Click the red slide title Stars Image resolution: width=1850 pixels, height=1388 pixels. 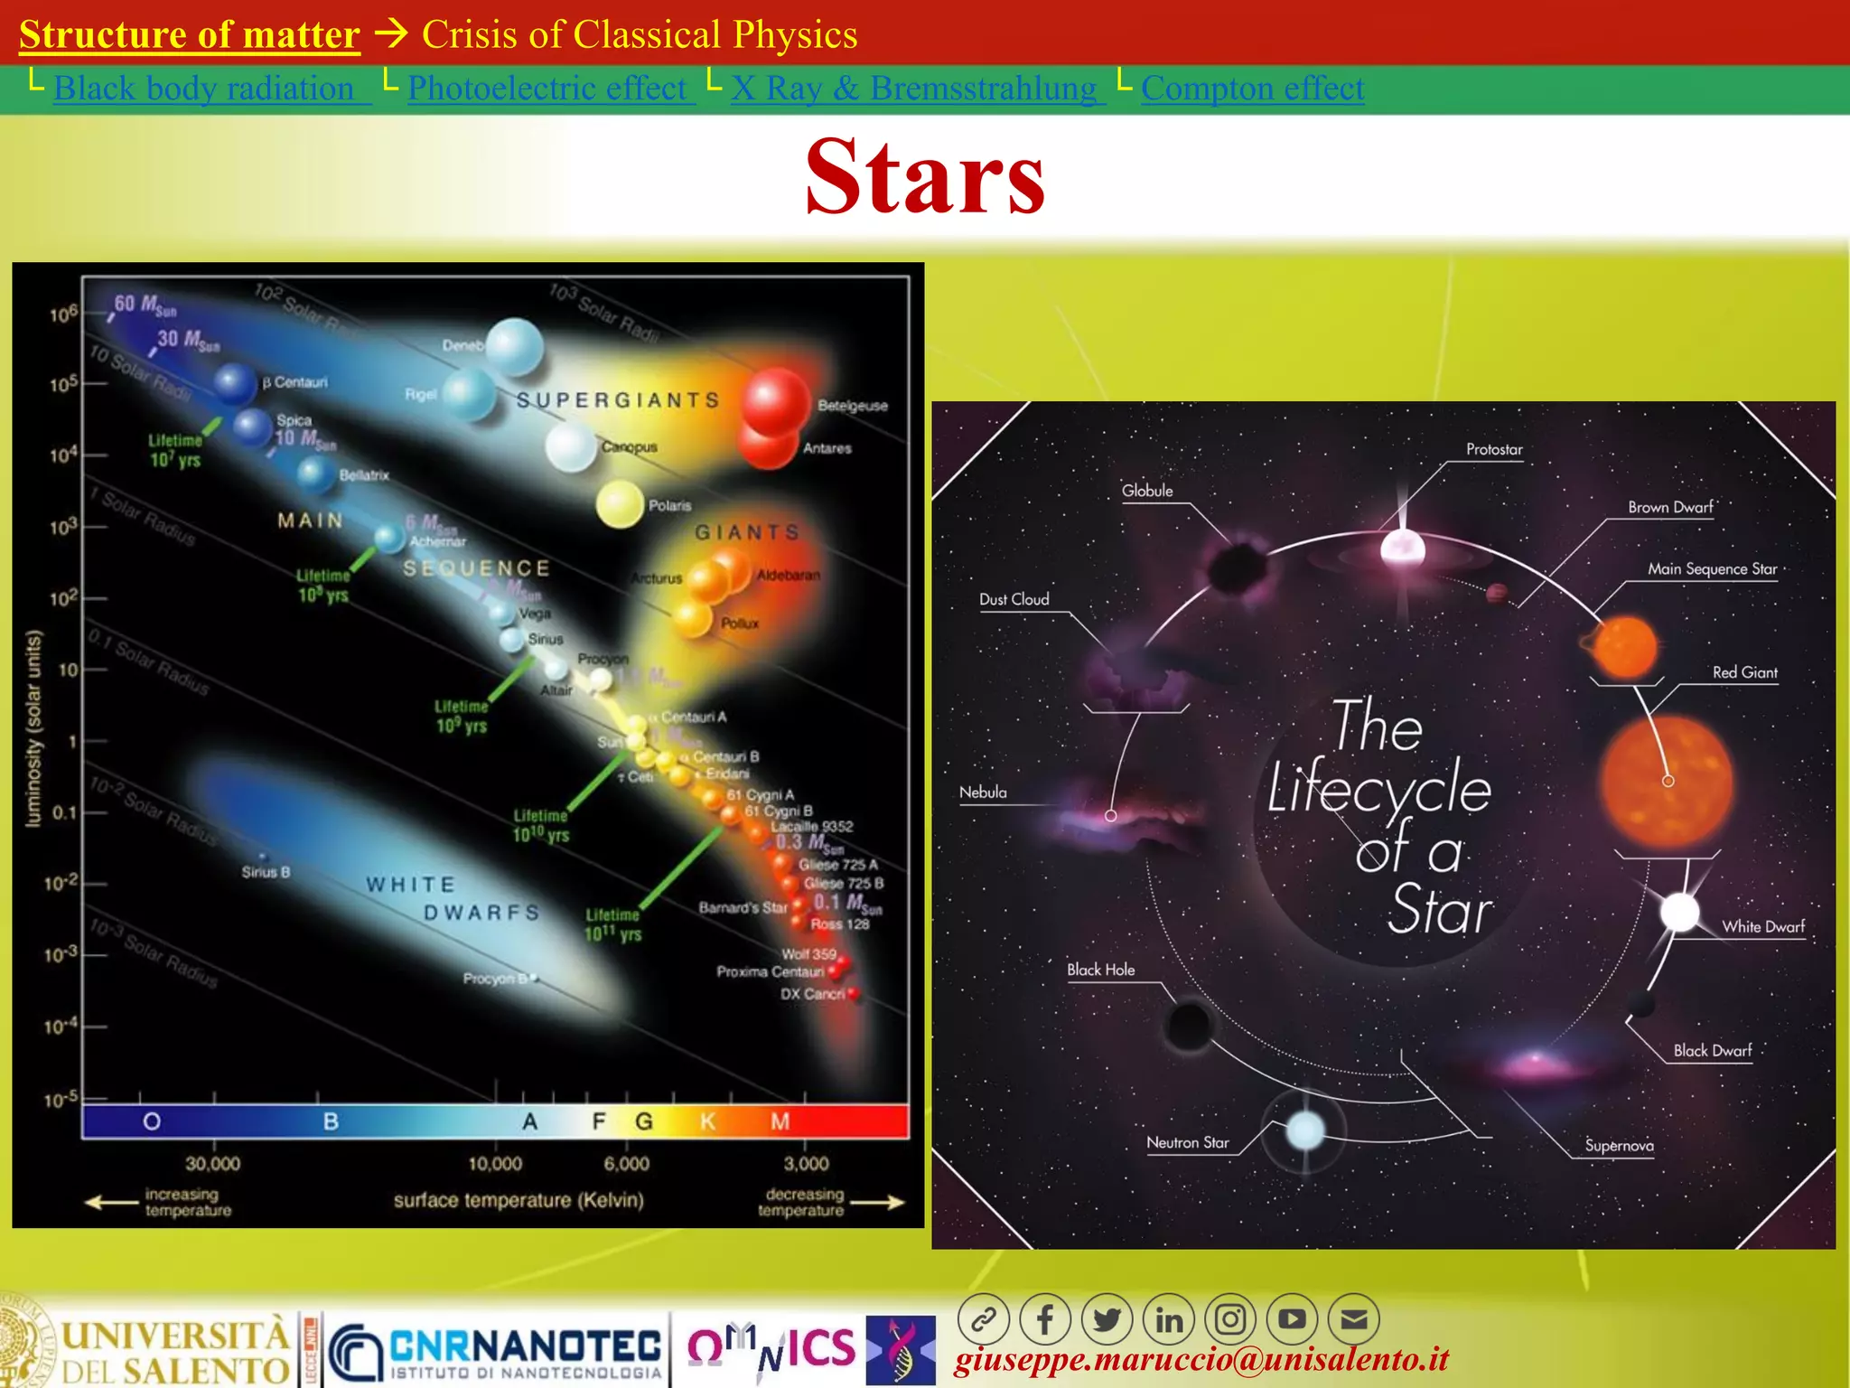(x=925, y=177)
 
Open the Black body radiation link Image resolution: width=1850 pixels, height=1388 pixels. (x=203, y=89)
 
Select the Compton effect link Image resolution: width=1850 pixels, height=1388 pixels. (x=1252, y=89)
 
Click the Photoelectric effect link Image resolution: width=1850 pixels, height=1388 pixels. (x=547, y=89)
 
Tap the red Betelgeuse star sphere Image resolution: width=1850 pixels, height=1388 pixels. (x=774, y=401)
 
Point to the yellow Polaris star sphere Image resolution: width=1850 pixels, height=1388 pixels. (x=620, y=504)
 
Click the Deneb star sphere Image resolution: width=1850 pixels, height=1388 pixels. (x=515, y=347)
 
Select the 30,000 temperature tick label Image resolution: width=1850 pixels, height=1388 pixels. (x=213, y=1164)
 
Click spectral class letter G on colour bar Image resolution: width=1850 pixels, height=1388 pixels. (x=644, y=1121)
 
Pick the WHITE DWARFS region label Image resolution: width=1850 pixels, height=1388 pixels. (x=452, y=898)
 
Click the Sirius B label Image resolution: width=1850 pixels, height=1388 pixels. (x=266, y=872)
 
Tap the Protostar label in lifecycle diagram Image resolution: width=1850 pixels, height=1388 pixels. (x=1494, y=449)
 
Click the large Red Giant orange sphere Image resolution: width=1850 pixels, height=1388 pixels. (x=1667, y=782)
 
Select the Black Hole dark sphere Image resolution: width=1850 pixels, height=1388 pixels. (x=1188, y=1025)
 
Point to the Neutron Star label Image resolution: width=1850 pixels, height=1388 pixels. (x=1187, y=1143)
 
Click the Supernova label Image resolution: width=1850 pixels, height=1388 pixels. (x=1619, y=1146)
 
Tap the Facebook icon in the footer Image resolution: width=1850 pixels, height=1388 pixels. (x=1045, y=1320)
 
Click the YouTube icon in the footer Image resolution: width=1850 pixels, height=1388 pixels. (x=1292, y=1320)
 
